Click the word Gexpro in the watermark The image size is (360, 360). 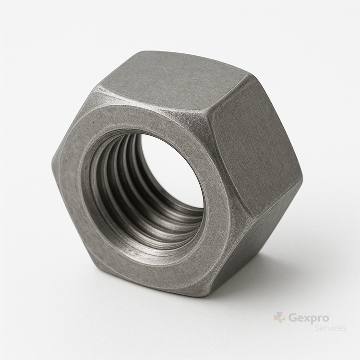[309, 319]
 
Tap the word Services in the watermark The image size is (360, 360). [330, 328]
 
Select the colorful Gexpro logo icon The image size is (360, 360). [279, 318]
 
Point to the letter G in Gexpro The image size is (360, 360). [293, 318]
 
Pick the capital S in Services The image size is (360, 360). [317, 328]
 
